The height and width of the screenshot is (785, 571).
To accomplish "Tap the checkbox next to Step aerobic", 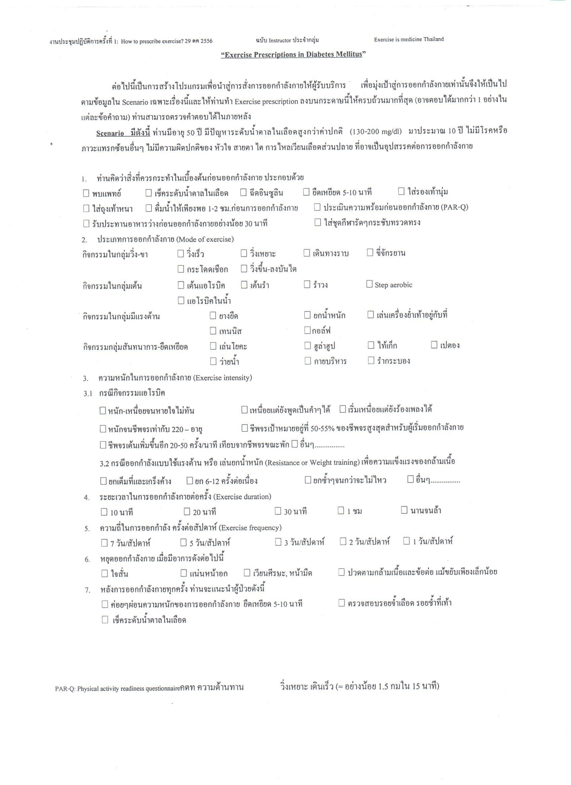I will (369, 284).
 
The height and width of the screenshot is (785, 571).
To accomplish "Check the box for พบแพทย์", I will (86, 193).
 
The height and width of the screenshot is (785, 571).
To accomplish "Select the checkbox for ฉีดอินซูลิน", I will (243, 192).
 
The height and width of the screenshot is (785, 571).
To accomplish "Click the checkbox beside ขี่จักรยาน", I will (370, 252).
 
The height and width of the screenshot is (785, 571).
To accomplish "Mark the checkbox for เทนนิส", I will (213, 331).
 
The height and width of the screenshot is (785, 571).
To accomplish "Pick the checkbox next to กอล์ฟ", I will (307, 330).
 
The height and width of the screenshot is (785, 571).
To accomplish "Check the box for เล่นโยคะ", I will (213, 346).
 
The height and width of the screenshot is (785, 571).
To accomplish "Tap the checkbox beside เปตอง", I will (434, 345).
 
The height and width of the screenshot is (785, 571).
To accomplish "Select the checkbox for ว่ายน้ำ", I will (213, 361).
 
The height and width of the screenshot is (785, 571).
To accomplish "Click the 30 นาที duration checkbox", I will (278, 511).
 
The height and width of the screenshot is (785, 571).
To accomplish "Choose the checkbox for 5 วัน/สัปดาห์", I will (183, 542).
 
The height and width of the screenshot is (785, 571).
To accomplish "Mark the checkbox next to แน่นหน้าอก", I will (184, 573).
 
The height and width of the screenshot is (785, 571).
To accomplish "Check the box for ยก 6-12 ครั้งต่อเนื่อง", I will (190, 480).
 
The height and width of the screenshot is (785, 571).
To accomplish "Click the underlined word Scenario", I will (110, 133).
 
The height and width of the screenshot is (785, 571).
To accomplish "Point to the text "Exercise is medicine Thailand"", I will (408, 39).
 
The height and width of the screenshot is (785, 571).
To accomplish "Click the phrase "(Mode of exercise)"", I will (205, 239).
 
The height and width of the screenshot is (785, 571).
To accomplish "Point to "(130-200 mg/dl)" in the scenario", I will (376, 132).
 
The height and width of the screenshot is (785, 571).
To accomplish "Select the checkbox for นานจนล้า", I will (404, 510).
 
